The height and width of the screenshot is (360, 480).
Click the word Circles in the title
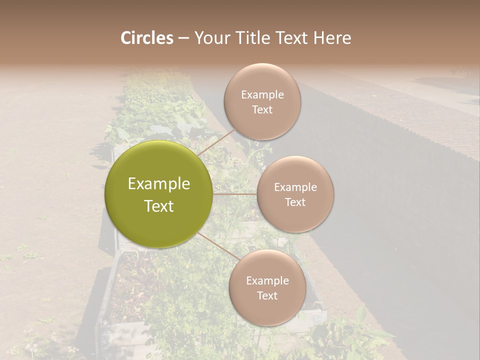(146, 38)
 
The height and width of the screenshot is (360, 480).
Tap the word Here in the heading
(332, 38)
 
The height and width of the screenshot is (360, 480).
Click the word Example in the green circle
(159, 184)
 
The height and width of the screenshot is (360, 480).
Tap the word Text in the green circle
(159, 206)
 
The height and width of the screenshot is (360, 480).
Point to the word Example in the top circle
(262, 95)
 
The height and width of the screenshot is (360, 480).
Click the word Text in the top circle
(262, 109)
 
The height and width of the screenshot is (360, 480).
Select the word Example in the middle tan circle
(295, 187)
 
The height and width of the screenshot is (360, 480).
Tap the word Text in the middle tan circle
(295, 202)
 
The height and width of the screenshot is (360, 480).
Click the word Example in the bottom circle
(267, 281)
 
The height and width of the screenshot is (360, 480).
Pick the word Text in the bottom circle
(267, 295)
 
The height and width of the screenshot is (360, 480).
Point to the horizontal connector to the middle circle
(235, 194)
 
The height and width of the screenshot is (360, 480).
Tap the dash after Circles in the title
(183, 38)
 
